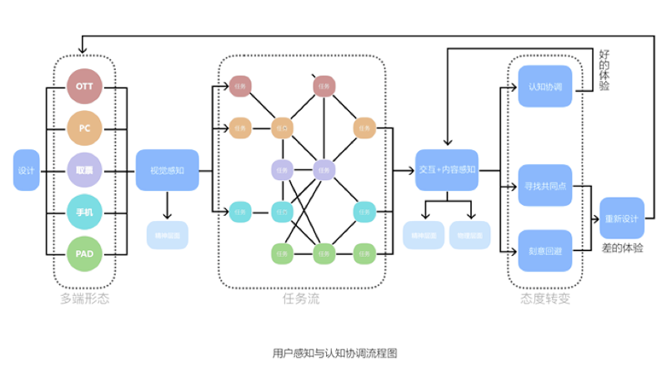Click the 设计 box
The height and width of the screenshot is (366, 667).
pyautogui.click(x=26, y=170)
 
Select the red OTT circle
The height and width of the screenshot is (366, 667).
pyautogui.click(x=84, y=87)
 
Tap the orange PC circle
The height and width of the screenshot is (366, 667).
pyautogui.click(x=84, y=128)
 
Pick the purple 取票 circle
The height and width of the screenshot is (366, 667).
pyautogui.click(x=84, y=170)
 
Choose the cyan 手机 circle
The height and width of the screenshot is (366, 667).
pyautogui.click(x=84, y=212)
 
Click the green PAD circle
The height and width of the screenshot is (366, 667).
pyautogui.click(x=84, y=253)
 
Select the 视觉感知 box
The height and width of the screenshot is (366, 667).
pyautogui.click(x=168, y=170)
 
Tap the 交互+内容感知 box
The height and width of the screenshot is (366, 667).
pyautogui.click(x=446, y=170)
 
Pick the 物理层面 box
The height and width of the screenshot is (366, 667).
pyautogui.click(x=469, y=236)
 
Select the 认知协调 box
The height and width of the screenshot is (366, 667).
pyautogui.click(x=545, y=87)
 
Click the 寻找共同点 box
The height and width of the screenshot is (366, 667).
pyautogui.click(x=545, y=185)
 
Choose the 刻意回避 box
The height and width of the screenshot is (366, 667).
pyautogui.click(x=545, y=250)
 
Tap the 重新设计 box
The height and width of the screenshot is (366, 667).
pyautogui.click(x=621, y=218)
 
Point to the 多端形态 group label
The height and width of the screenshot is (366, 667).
pyautogui.click(x=84, y=298)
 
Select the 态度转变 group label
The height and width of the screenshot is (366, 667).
pyautogui.click(x=545, y=298)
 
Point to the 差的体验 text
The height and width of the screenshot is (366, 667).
pyautogui.click(x=621, y=248)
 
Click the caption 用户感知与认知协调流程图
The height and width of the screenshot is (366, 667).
pyautogui.click(x=334, y=353)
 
